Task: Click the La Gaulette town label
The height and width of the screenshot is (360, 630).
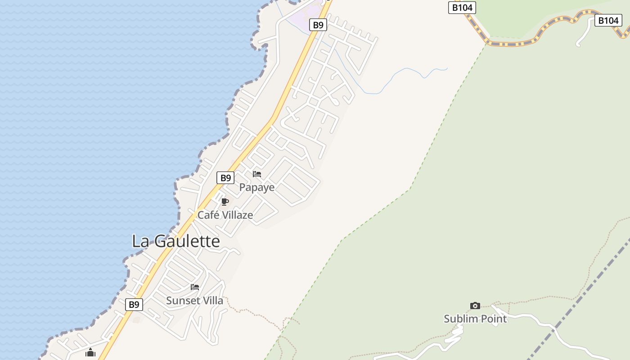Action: (x=175, y=241)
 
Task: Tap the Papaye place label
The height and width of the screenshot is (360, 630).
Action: (x=256, y=187)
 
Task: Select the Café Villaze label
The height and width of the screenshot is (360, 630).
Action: (x=225, y=215)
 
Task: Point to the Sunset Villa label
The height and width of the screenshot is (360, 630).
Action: (x=194, y=301)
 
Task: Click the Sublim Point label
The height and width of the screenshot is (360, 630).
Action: (x=475, y=319)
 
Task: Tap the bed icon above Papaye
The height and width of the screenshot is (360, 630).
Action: (x=257, y=174)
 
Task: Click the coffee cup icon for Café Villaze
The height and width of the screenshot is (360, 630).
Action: (x=225, y=202)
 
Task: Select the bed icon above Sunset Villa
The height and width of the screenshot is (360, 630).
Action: (x=195, y=287)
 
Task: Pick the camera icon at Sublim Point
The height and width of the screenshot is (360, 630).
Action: (x=475, y=306)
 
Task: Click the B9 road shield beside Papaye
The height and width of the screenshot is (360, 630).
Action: (x=225, y=178)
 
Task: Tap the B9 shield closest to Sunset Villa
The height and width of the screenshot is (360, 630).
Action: (x=134, y=305)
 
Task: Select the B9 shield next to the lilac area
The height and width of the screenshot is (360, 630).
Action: (x=318, y=25)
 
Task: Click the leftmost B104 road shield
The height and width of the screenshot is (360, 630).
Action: (x=462, y=7)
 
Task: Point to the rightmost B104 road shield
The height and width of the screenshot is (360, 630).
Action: (x=608, y=20)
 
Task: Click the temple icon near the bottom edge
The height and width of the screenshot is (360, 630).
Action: (x=90, y=352)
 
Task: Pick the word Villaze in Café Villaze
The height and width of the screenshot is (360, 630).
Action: (x=237, y=215)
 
